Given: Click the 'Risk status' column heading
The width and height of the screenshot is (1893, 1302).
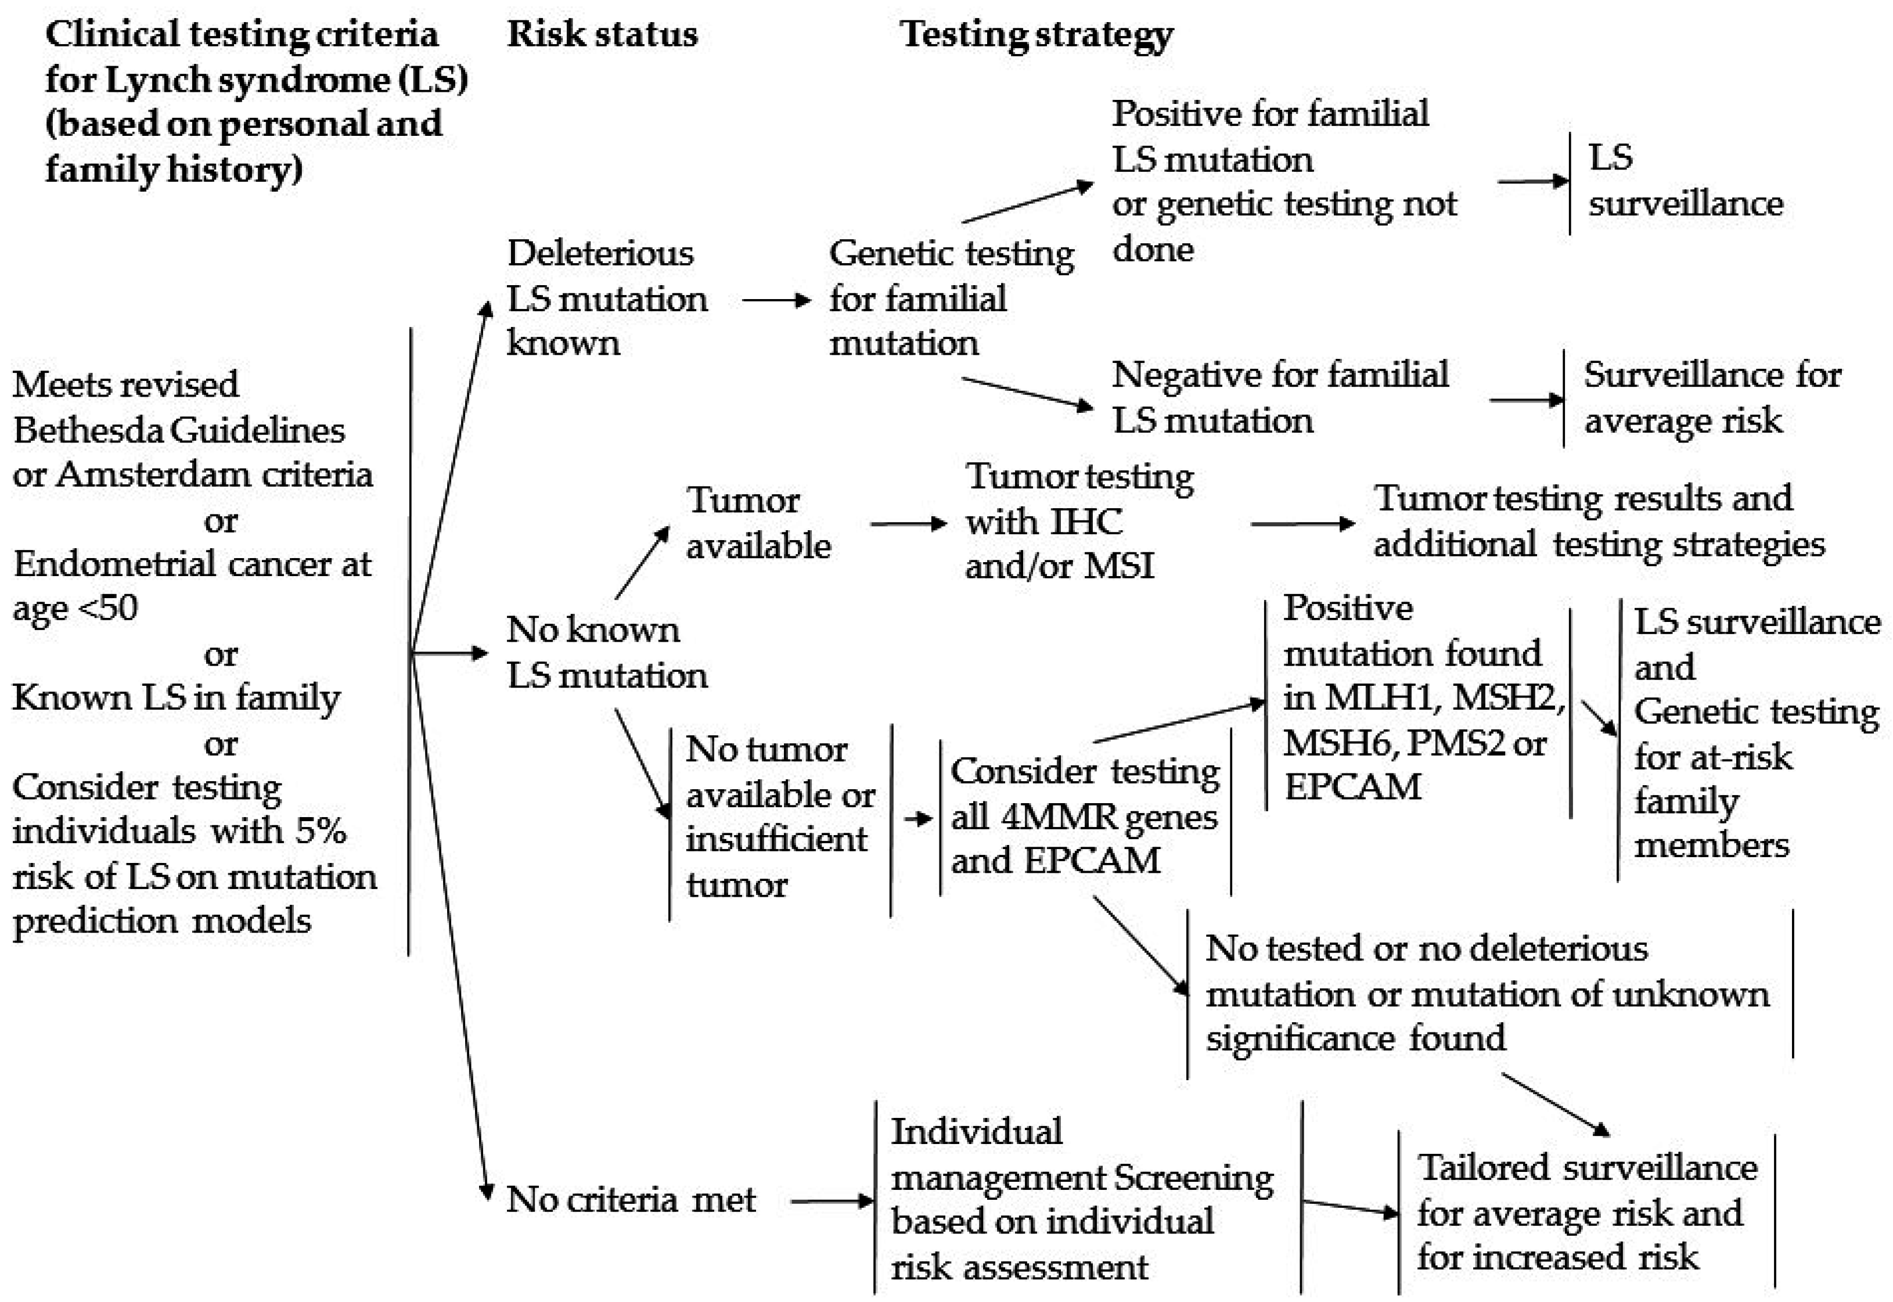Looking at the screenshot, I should tap(602, 35).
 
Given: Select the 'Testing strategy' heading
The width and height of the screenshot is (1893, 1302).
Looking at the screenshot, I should tap(1036, 35).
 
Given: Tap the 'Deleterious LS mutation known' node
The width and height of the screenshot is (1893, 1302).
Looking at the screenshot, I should tap(606, 298).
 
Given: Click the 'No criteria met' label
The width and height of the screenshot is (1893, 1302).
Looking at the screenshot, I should tap(631, 1199).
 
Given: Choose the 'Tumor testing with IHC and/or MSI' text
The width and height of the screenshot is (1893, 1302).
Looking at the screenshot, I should tap(1078, 521).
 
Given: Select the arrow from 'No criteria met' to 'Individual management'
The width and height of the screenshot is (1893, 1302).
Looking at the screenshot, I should tap(830, 1201).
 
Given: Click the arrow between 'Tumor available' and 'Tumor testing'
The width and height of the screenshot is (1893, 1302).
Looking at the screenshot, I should tap(907, 524).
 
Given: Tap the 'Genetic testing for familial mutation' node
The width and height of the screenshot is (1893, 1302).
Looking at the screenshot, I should tap(950, 298).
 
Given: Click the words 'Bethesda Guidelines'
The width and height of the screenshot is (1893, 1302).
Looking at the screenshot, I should tap(179, 430).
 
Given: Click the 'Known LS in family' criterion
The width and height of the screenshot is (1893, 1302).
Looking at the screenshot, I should tap(176, 698).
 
